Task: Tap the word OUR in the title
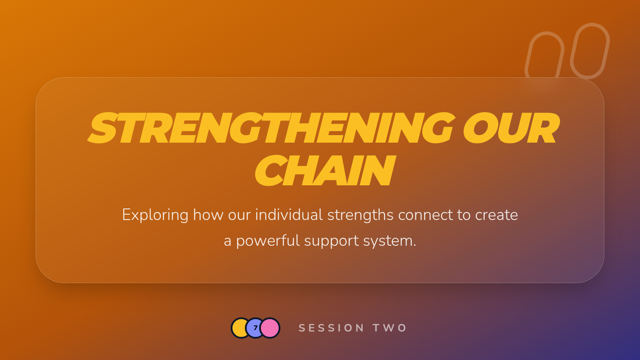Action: click(x=511, y=127)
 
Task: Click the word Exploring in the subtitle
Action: click(x=155, y=215)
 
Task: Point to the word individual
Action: click(x=289, y=214)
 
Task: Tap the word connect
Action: click(x=426, y=215)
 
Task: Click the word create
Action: click(x=497, y=215)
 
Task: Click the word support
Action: click(x=331, y=242)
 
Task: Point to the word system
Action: click(x=390, y=242)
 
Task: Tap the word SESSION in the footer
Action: click(x=331, y=328)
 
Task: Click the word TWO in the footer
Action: click(x=390, y=328)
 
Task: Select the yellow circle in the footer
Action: click(x=239, y=328)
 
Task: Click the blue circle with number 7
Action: click(x=255, y=328)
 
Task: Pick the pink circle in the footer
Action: click(x=270, y=328)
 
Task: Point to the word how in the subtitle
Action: click(x=208, y=214)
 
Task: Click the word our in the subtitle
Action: click(x=239, y=215)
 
